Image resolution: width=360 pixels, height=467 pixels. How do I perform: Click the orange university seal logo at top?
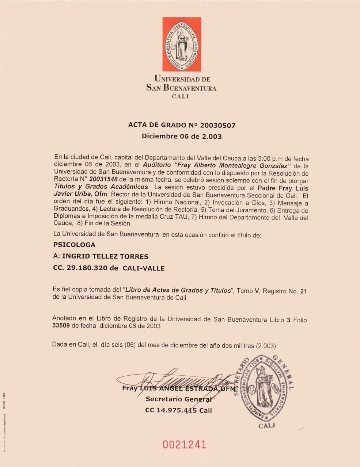click(182, 44)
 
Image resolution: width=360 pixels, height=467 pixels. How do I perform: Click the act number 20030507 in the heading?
click(218, 125)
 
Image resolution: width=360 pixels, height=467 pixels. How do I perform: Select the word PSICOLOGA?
click(74, 245)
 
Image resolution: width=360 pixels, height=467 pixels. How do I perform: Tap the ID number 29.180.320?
click(87, 268)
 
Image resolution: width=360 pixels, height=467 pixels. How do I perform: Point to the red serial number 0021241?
click(185, 444)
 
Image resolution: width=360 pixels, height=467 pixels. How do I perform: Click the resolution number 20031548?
click(103, 181)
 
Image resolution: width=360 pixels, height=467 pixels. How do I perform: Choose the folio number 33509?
click(61, 326)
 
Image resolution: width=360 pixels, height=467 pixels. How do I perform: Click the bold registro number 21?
click(303, 291)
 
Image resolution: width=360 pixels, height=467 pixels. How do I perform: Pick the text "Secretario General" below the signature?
click(179, 399)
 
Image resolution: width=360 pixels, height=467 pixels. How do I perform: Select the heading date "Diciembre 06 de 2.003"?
click(182, 137)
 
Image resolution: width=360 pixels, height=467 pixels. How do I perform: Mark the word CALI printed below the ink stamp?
click(267, 426)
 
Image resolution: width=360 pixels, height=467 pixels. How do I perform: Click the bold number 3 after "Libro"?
click(289, 320)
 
